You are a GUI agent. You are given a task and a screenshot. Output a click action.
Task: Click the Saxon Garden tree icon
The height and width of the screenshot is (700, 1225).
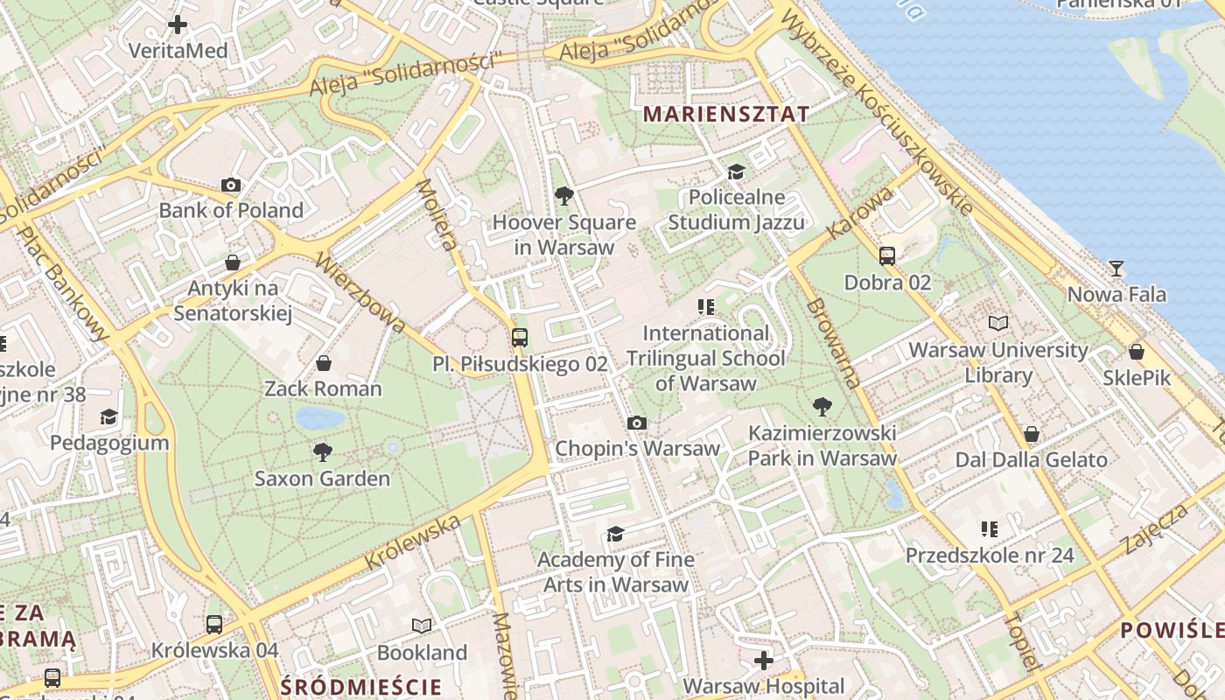322,452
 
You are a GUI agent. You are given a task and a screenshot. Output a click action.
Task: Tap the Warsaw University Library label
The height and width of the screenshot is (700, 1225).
998,362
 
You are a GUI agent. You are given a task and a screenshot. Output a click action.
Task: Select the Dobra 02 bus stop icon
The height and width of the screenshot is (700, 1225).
887,256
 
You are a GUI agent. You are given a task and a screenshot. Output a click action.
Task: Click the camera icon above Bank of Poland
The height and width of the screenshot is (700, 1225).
231,185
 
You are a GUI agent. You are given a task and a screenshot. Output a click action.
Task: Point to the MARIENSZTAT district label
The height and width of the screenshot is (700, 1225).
725,114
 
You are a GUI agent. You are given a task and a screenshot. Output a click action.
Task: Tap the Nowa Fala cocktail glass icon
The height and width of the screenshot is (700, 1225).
1116,268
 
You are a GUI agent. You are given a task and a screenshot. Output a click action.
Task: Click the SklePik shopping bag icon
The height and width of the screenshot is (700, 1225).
1136,352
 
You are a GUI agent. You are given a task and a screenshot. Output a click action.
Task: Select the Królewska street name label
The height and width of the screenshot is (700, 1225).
413,542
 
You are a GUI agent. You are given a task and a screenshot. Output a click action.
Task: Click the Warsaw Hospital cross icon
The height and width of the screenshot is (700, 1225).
764,660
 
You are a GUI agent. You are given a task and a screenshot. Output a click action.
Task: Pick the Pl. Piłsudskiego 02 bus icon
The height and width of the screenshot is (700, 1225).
520,337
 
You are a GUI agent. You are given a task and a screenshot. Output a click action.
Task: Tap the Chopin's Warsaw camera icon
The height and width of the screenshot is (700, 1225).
637,423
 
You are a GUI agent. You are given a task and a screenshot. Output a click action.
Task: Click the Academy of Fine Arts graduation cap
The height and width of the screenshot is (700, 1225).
616,534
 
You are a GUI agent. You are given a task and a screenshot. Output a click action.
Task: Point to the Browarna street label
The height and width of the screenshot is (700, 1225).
834,343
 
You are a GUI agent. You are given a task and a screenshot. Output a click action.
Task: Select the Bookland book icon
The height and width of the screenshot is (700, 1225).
422,626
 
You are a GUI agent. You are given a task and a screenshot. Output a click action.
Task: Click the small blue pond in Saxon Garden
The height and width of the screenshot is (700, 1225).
319,417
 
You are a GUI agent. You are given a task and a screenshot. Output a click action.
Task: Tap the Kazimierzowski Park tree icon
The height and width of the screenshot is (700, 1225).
822,406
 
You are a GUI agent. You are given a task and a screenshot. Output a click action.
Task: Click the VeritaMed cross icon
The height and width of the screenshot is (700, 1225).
178,24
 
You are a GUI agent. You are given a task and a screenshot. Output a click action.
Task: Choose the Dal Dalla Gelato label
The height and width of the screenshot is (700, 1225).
1031,459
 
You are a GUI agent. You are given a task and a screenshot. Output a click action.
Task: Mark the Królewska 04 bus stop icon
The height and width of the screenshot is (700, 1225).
214,624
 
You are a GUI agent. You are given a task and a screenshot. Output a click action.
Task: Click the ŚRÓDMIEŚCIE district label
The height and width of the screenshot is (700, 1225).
360,686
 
